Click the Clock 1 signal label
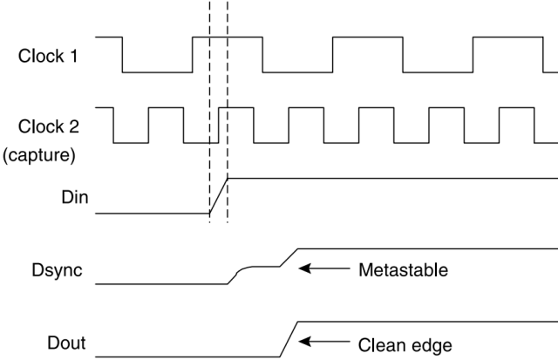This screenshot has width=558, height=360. pos(48,56)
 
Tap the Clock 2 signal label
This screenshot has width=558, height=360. pos(49,126)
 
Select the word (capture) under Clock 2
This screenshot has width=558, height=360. pos(39,155)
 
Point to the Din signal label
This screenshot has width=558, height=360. pos(75,197)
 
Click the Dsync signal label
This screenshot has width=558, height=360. pos(57,270)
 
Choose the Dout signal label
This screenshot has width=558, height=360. pos(66,343)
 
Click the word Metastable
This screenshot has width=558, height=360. pos(403,270)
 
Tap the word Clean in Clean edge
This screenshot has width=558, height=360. pos(382,345)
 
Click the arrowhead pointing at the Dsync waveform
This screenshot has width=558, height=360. pos(304,268)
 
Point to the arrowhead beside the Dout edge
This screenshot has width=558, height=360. pos(304,342)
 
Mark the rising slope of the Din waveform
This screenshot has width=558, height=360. pos(219,195)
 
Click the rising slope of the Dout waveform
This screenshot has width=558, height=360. pos(289,339)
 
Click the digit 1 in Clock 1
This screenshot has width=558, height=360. pos(73,56)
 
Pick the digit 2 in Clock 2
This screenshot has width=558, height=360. pos(73,126)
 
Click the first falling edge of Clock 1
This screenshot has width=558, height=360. pos(122,54)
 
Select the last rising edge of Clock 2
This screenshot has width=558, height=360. pos(500,126)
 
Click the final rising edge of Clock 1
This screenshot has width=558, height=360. pos(473,54)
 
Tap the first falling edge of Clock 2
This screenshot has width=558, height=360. pos(113,126)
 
